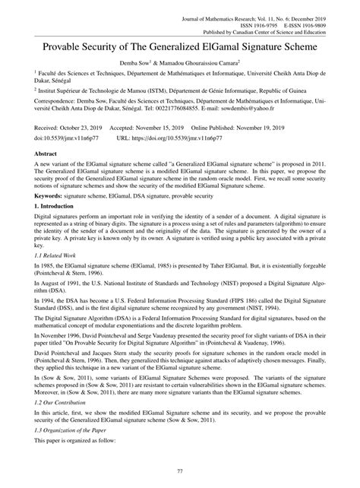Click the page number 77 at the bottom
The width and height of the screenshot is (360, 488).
(x=179, y=472)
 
